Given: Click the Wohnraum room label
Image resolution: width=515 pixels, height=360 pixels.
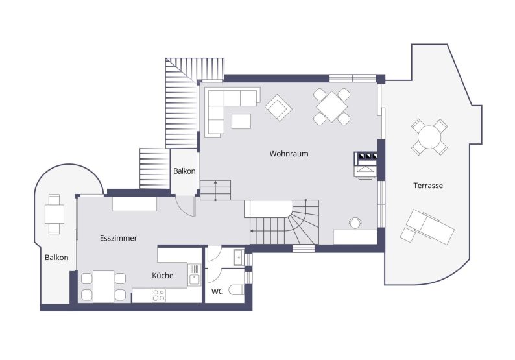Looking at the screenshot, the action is pyautogui.click(x=289, y=154).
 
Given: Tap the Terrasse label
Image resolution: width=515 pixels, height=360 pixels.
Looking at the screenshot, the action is pyautogui.click(x=428, y=186).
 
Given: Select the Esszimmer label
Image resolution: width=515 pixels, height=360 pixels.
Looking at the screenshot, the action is pyautogui.click(x=118, y=238).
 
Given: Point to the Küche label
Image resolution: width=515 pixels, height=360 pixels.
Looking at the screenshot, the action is pyautogui.click(x=163, y=275).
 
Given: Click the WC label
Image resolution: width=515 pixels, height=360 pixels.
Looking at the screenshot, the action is pyautogui.click(x=217, y=291).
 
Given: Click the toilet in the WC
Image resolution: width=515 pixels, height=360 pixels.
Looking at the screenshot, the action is pyautogui.click(x=236, y=290).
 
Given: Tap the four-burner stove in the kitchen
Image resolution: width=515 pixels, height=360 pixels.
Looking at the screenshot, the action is pyautogui.click(x=159, y=295).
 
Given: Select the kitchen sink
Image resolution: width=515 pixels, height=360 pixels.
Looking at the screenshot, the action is pyautogui.click(x=195, y=275).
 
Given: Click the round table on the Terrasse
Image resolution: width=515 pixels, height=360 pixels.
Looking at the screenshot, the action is pyautogui.click(x=429, y=137).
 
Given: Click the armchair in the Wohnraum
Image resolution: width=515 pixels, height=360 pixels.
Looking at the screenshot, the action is pyautogui.click(x=278, y=108).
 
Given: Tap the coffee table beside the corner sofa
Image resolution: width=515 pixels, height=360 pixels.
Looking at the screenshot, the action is pyautogui.click(x=241, y=121).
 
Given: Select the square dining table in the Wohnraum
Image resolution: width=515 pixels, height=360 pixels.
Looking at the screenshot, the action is pyautogui.click(x=331, y=106).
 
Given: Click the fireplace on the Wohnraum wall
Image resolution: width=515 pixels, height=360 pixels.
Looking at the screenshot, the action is pyautogui.click(x=366, y=165).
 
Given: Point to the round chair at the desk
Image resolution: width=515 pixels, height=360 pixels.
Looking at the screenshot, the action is pyautogui.click(x=355, y=222).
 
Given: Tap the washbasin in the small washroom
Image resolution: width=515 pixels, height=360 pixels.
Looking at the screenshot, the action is pyautogui.click(x=238, y=258).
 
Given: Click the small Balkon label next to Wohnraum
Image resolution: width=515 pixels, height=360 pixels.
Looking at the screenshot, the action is pyautogui.click(x=184, y=171).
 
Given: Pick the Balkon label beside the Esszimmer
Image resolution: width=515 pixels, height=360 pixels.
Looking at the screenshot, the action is pyautogui.click(x=56, y=258).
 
